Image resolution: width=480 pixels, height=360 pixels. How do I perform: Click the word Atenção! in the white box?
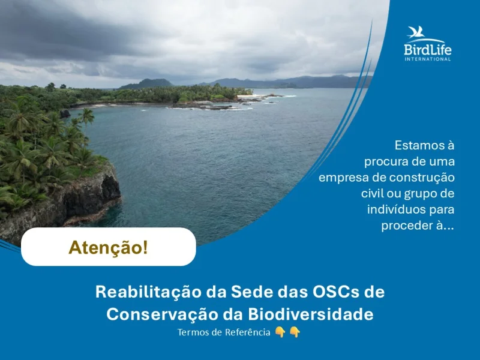click(108, 247)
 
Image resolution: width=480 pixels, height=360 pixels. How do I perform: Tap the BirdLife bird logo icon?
click(418, 32)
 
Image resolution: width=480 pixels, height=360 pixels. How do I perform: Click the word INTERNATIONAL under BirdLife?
click(427, 59)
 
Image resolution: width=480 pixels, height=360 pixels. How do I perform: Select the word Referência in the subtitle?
click(248, 332)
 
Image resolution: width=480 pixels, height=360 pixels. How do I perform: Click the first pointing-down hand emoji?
click(280, 332)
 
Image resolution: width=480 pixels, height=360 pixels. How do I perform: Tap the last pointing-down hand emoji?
click(295, 332)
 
